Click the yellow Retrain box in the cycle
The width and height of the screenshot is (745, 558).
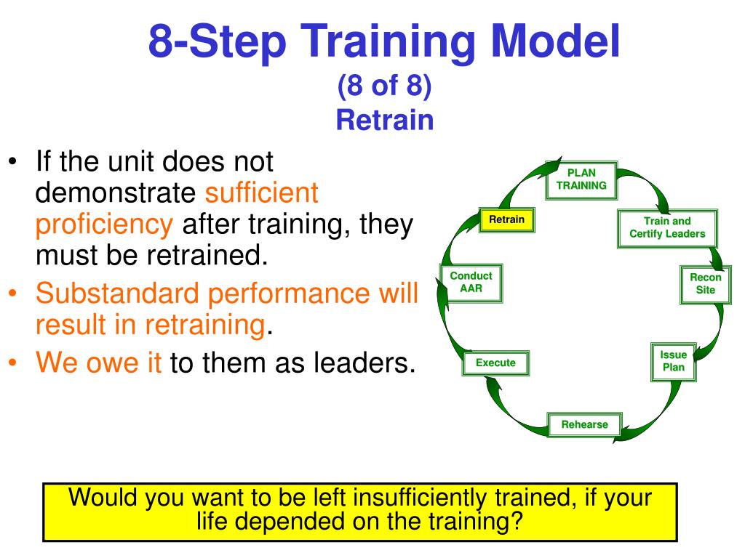[506, 219]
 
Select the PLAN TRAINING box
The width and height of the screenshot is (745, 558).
[581, 180]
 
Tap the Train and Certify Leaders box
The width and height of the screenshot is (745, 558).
[667, 228]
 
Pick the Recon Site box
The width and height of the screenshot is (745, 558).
[705, 284]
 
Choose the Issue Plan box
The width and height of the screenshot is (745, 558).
[673, 362]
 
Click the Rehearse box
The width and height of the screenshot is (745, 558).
[584, 424]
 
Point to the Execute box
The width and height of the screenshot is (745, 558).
[495, 363]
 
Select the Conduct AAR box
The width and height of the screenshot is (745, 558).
[471, 283]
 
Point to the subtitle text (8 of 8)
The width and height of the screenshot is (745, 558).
[384, 86]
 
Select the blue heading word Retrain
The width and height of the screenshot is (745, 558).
[385, 120]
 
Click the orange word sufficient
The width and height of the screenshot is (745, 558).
[261, 193]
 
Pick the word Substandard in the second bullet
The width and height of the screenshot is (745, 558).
[117, 293]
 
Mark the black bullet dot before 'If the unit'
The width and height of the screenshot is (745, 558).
[12, 161]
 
